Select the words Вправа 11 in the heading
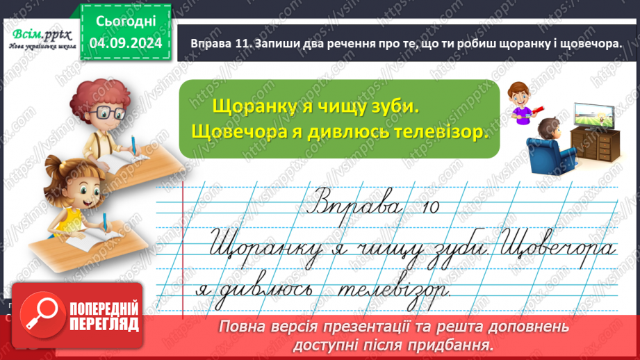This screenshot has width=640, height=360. [218, 43]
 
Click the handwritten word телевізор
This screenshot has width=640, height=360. [393, 286]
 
